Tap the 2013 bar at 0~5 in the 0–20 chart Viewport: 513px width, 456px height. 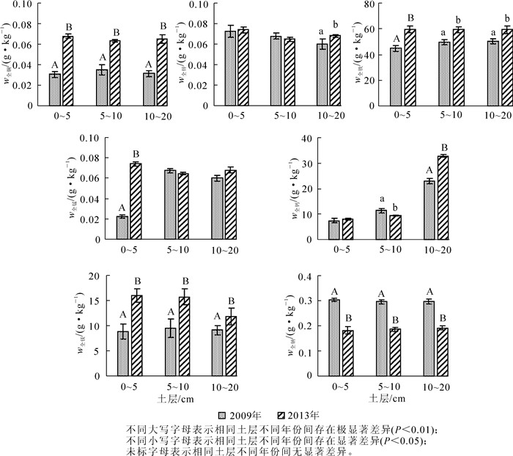tap(136, 337)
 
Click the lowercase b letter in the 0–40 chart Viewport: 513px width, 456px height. tap(396, 207)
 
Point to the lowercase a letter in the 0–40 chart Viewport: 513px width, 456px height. tap(381, 200)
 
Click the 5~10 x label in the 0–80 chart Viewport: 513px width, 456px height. tap(451, 115)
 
